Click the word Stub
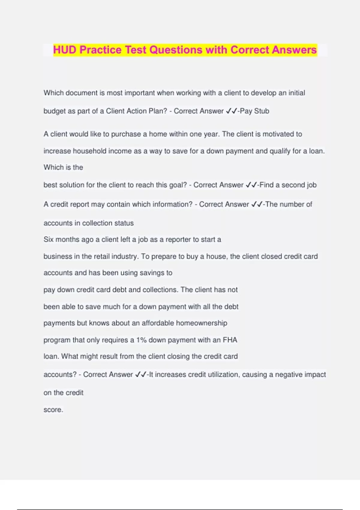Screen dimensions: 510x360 click(x=262, y=111)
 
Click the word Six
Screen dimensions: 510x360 click(x=49, y=239)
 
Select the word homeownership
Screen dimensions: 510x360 click(x=201, y=323)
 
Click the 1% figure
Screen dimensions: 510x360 click(x=141, y=340)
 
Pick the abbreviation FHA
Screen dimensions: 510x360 click(x=230, y=340)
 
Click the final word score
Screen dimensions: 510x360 click(x=53, y=410)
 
